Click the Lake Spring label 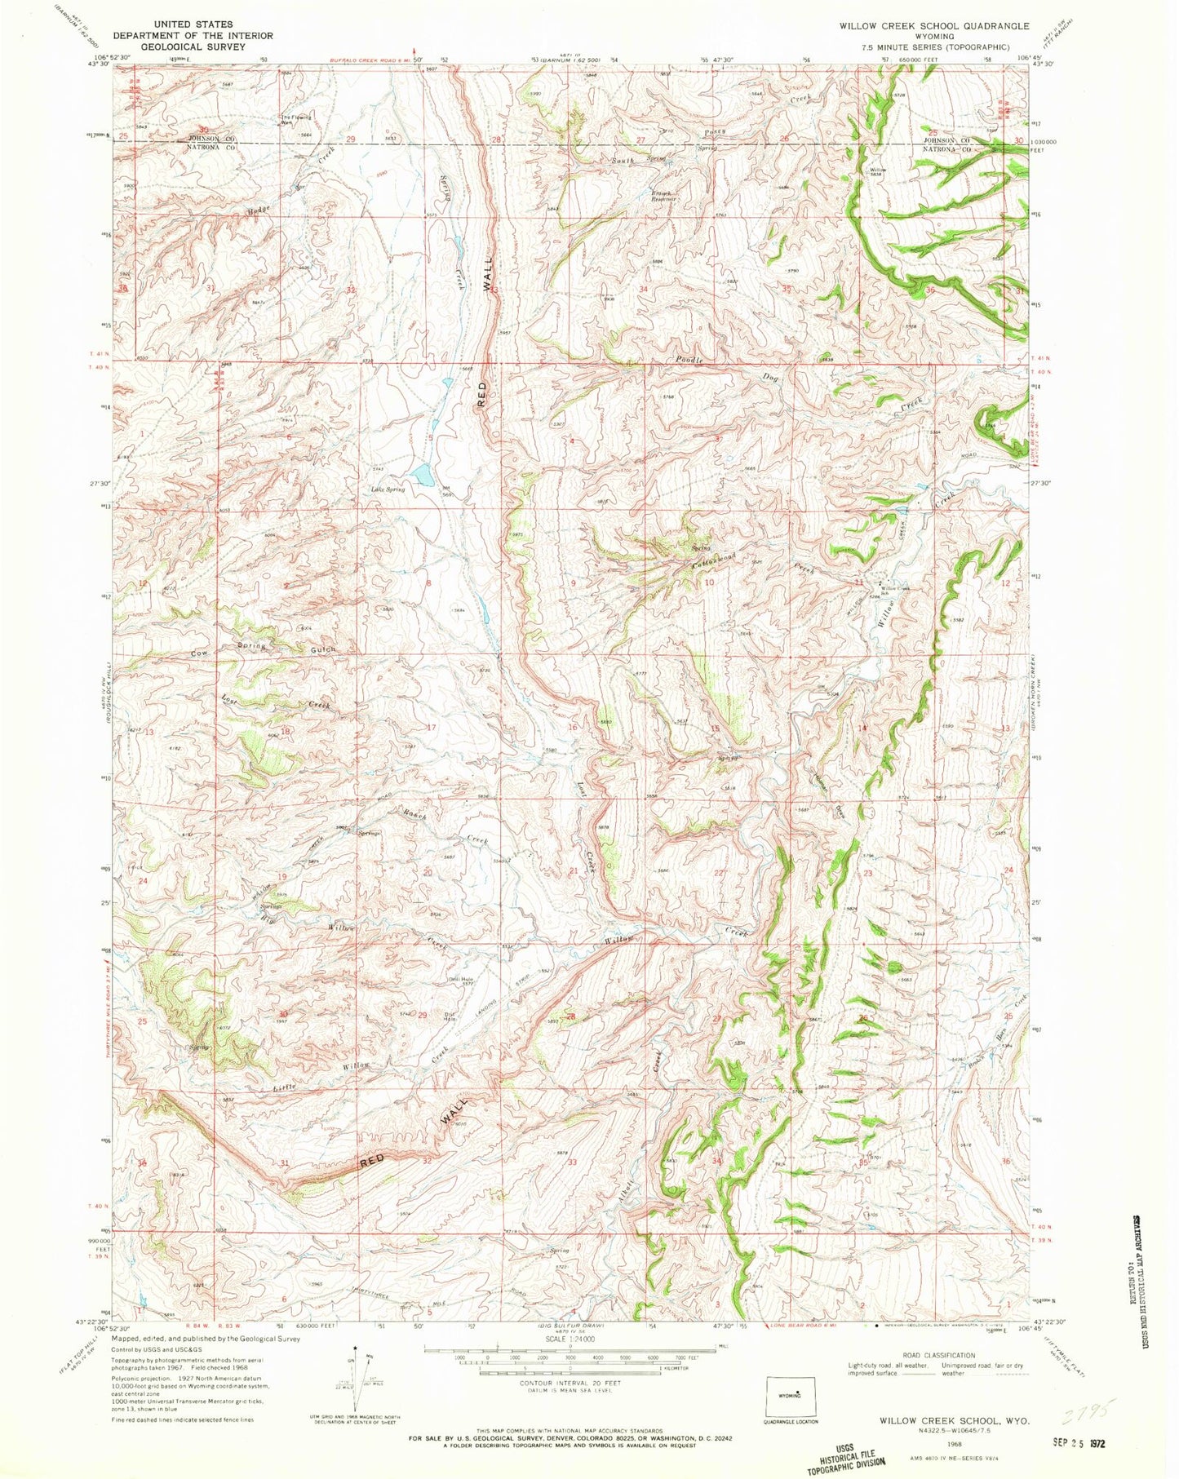[x=388, y=489]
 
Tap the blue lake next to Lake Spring [x=423, y=475]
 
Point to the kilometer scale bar [x=522, y=1375]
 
